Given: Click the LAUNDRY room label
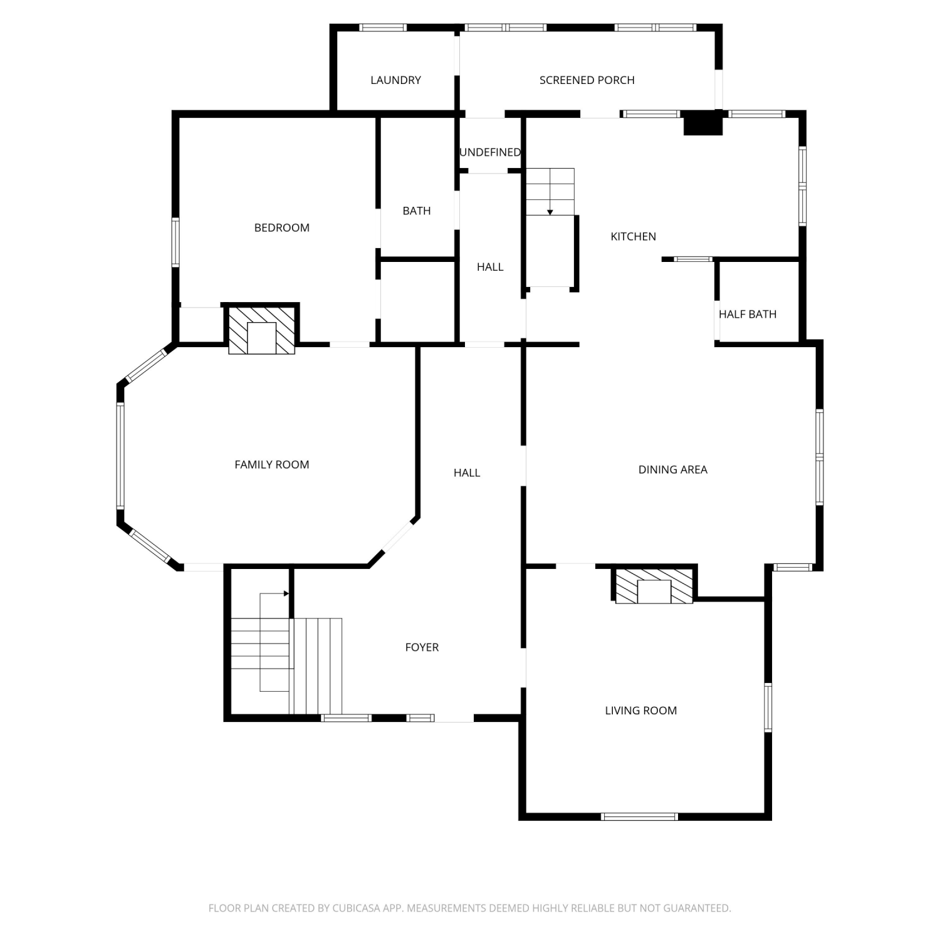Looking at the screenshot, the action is point(395,80).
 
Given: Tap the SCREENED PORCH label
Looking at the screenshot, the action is point(587,80).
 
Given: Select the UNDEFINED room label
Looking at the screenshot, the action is point(490,152).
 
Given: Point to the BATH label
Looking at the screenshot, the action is point(417,211).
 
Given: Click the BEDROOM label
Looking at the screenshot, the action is point(282,228).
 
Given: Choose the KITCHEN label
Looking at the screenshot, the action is point(634,237).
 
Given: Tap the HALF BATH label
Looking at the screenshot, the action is point(748,315).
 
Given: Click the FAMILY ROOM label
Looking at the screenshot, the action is point(272,465).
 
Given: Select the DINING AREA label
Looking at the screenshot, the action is point(673,470).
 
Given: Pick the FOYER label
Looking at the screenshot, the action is point(422,647).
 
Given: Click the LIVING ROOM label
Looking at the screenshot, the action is point(641,711).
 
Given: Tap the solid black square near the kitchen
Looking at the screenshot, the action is point(702,123).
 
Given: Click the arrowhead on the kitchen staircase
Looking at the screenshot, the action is point(550,212).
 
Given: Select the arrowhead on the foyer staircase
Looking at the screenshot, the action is point(286,593).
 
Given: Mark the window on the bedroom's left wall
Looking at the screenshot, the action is point(175,243).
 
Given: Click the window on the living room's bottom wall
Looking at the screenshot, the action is point(640,817).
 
